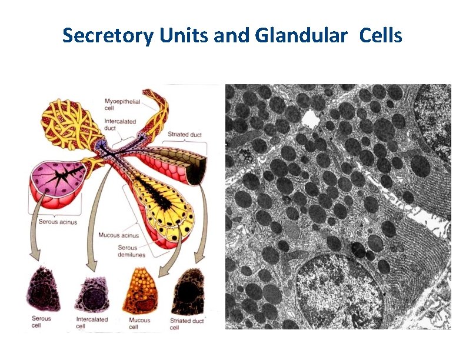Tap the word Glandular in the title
tap(301, 36)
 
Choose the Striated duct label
tap(185, 135)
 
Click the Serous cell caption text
tap(41, 322)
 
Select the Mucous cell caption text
tap(138, 324)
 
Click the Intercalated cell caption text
tap(91, 323)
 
